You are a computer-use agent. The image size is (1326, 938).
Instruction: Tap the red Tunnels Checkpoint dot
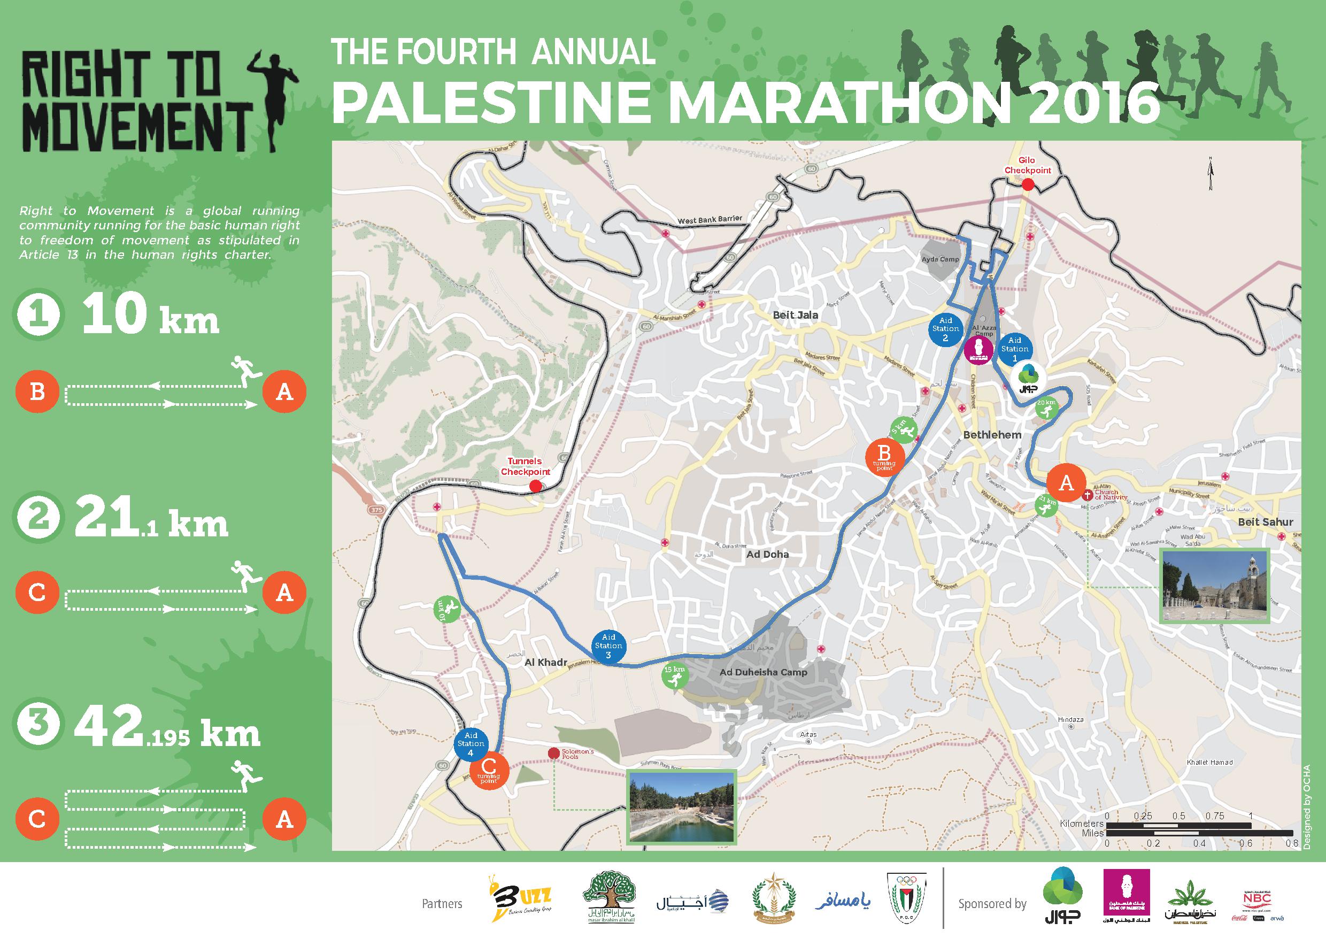[535, 486]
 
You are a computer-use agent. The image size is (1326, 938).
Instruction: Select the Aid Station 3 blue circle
[608, 645]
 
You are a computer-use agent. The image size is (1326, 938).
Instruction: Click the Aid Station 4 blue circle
[471, 744]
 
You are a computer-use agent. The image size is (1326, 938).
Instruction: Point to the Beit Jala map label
[795, 316]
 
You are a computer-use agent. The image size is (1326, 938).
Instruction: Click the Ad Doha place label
[768, 555]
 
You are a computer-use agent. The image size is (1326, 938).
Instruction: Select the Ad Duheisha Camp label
[763, 672]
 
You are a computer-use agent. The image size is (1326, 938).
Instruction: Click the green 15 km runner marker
[675, 676]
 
